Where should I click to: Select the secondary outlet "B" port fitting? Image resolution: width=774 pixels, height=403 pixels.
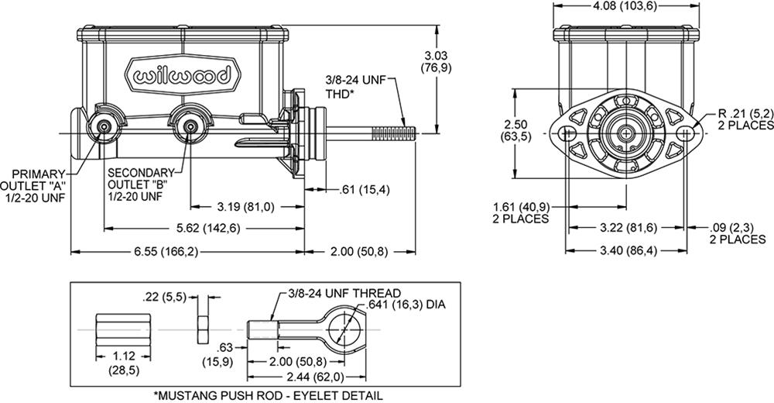point(188,126)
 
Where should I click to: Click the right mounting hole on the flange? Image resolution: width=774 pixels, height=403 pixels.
point(683,133)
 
